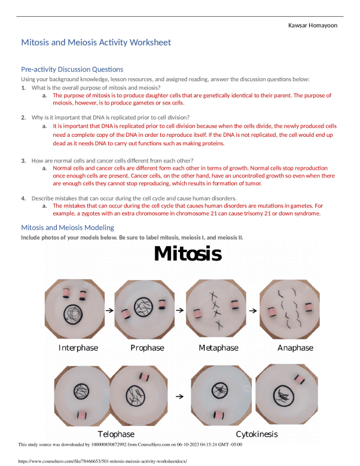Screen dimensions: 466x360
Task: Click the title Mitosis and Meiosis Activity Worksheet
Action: click(x=96, y=42)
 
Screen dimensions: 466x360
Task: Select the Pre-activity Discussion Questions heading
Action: click(x=72, y=69)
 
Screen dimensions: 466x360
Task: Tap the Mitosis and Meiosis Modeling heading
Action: click(x=68, y=228)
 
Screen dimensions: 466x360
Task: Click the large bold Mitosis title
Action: click(x=188, y=254)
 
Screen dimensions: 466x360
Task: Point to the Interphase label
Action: click(x=78, y=348)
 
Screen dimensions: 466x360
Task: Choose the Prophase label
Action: click(x=147, y=348)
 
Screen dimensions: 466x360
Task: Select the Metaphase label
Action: click(x=218, y=348)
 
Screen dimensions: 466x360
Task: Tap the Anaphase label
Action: click(x=295, y=348)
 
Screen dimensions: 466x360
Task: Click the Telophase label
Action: click(x=116, y=434)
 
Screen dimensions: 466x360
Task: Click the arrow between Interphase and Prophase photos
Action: click(x=109, y=311)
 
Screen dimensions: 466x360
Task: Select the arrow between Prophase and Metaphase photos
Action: click(x=179, y=311)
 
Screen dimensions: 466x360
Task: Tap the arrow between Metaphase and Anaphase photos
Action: click(x=252, y=311)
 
